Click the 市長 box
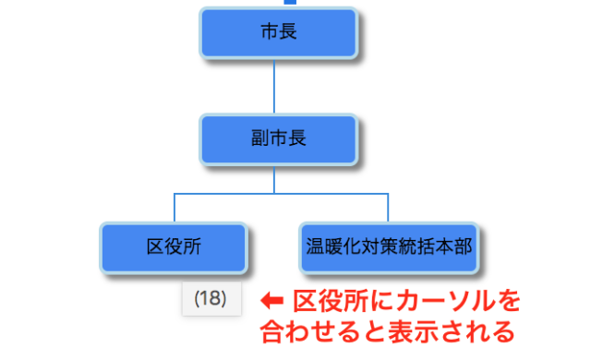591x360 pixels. (x=278, y=33)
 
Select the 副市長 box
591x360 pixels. (x=278, y=139)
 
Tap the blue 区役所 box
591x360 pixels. (x=174, y=246)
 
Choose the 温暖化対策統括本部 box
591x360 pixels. (x=389, y=246)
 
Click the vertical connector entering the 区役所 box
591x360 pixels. (x=174, y=208)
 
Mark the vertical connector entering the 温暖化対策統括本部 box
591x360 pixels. (x=389, y=208)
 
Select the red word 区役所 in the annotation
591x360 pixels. (x=324, y=300)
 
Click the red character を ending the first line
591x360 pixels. (x=510, y=300)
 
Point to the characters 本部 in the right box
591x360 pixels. (x=455, y=246)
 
